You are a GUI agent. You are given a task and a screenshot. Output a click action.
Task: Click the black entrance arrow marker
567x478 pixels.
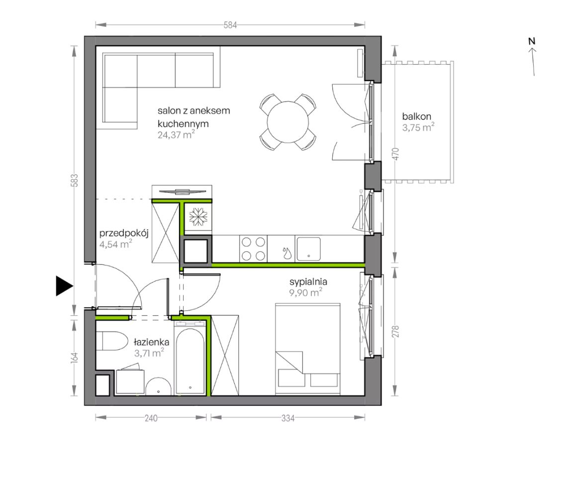point(64,286)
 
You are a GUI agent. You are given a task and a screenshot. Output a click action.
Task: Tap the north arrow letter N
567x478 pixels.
point(531,41)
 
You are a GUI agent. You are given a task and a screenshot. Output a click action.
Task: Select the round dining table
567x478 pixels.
point(288,121)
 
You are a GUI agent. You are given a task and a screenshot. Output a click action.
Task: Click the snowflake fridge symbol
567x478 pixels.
point(197,217)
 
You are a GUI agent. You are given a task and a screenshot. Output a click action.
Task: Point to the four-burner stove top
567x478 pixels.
point(254,249)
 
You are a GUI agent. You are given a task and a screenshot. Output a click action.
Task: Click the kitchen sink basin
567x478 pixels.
point(308,249)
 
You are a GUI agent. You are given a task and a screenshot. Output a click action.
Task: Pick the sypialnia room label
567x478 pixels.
point(308,282)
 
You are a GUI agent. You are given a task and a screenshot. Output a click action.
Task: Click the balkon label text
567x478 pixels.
point(417,117)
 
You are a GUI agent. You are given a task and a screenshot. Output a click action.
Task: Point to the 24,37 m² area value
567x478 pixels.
point(176,135)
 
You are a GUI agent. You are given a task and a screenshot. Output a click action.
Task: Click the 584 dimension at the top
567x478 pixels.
point(230,25)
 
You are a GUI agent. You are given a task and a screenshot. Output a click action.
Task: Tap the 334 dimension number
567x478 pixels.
point(288,418)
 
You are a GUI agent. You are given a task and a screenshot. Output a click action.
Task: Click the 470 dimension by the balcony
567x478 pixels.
point(395,154)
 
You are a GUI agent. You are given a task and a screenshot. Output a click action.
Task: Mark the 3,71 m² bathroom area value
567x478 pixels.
point(149,353)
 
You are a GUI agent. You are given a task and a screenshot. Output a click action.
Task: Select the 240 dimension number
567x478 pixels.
point(151,418)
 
